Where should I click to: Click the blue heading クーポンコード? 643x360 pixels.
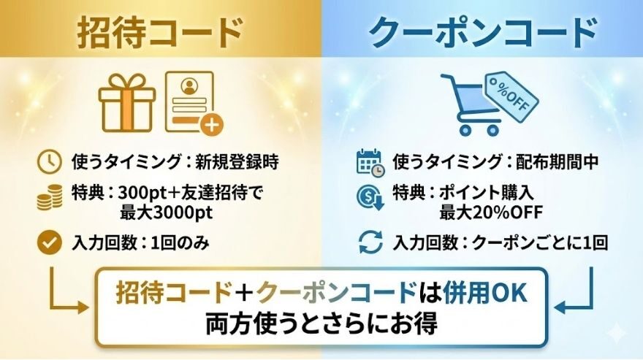[x=483, y=33]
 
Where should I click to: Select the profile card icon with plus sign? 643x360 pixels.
[x=192, y=102]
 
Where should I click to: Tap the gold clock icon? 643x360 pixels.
[x=49, y=161]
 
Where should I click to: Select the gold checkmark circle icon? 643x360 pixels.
[x=49, y=243]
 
